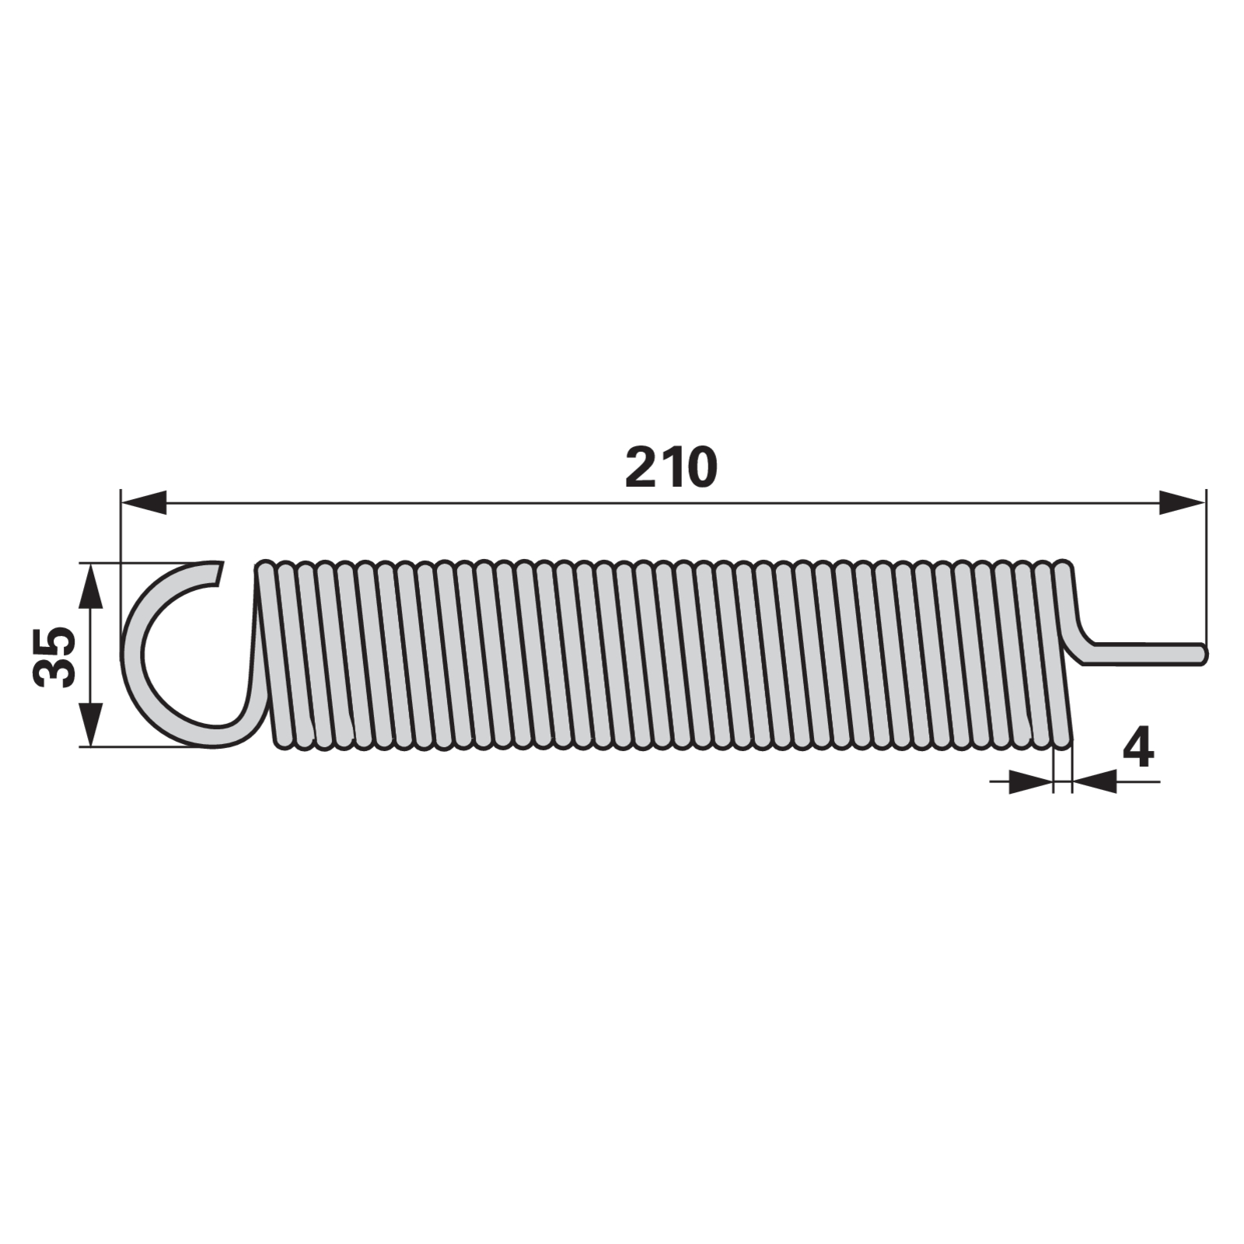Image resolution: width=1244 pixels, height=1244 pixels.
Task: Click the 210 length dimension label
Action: coord(671,468)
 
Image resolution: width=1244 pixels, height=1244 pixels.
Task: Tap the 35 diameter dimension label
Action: coord(55,655)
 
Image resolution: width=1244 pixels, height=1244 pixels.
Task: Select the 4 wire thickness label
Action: coord(1138,749)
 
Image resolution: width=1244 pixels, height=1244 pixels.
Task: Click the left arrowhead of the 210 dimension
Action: coord(144,502)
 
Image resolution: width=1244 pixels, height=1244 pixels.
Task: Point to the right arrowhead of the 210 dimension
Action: coord(1182,502)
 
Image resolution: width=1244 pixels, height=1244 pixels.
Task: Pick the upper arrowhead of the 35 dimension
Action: coord(91,585)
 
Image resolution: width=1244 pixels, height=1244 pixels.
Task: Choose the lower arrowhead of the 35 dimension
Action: coord(91,724)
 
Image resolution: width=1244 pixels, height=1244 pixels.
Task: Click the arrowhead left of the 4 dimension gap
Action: coord(1031,781)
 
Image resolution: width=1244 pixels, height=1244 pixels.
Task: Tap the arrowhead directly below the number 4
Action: coord(1094,781)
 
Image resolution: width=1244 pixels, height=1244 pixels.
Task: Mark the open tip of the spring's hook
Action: coord(219,571)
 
